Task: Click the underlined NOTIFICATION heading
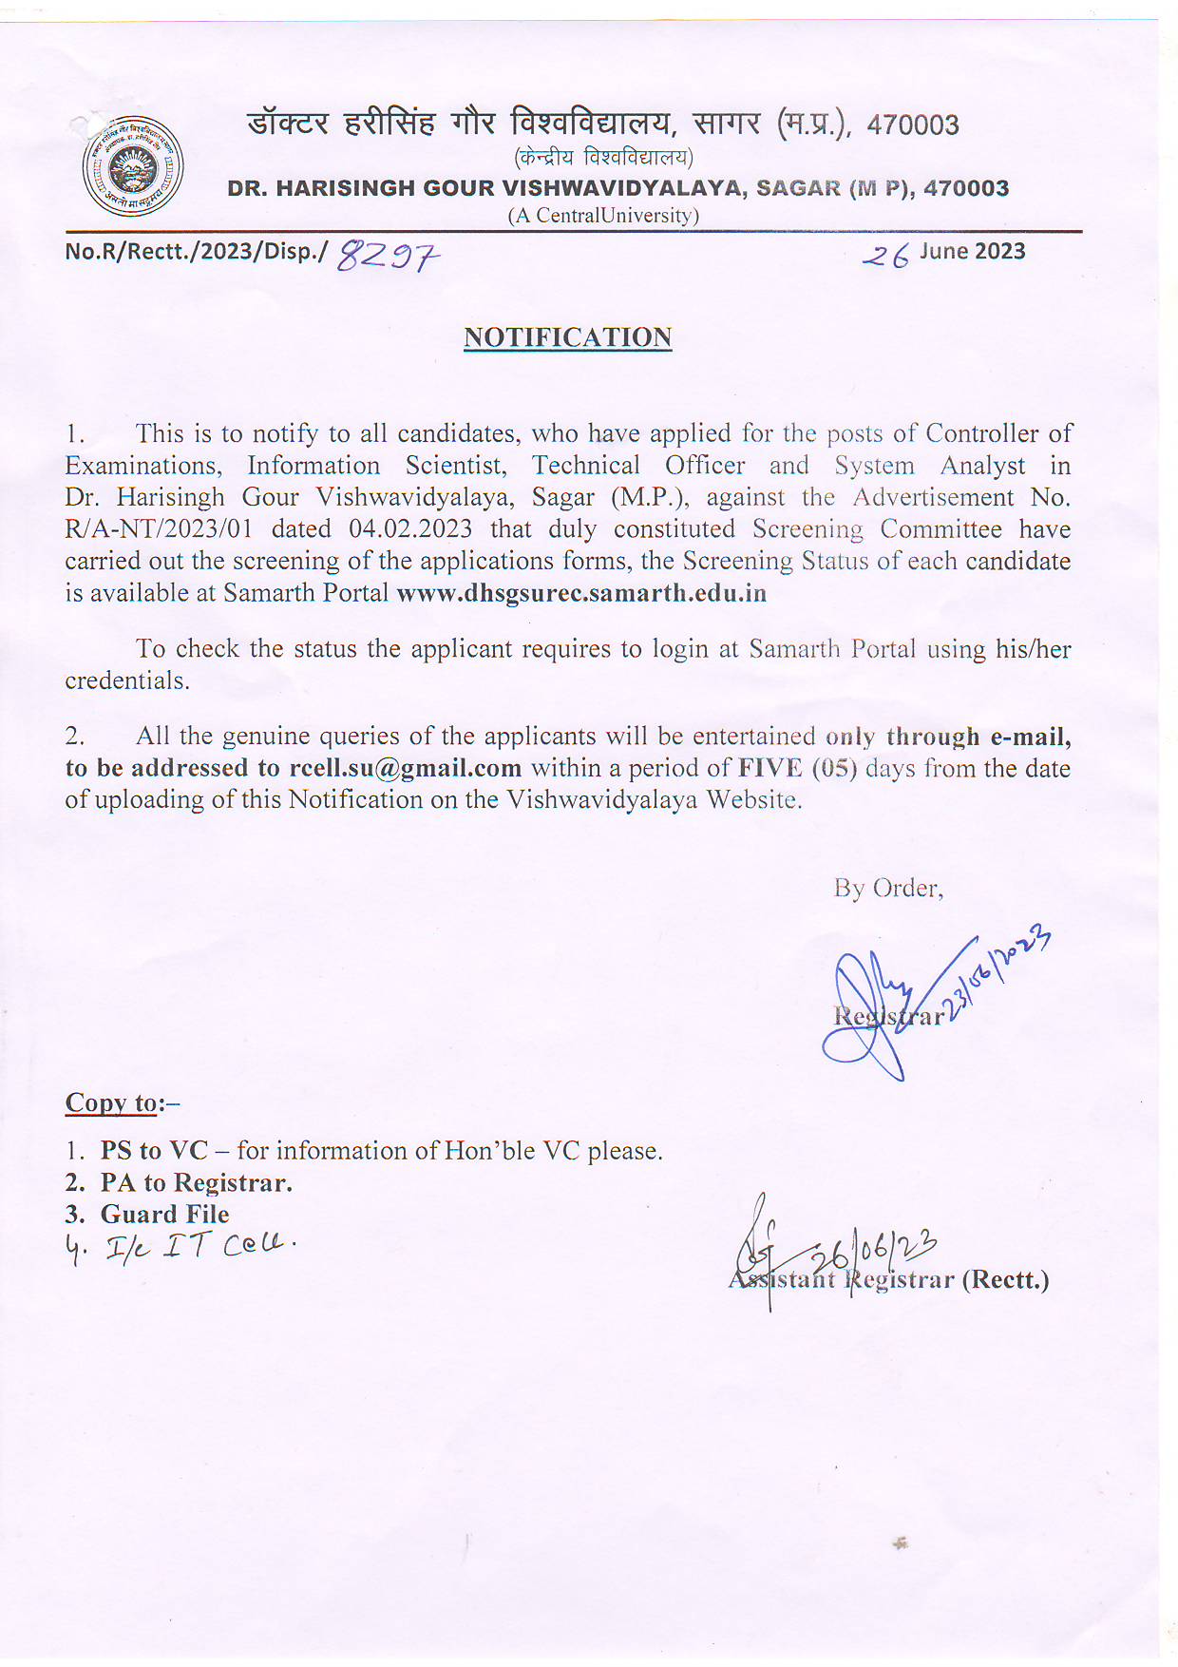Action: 567,337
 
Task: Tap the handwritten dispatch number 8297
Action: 389,255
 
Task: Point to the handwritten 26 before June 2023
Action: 885,255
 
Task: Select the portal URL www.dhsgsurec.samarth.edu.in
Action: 581,593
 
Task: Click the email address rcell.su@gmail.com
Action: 406,768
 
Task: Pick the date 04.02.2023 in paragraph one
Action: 409,529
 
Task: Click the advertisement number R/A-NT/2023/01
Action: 159,529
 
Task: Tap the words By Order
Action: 888,888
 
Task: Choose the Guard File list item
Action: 164,1214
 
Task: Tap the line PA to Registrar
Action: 196,1182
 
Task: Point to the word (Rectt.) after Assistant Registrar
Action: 1006,1279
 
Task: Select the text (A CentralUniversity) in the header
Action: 603,216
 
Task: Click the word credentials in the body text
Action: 126,680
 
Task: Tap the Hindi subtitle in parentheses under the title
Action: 603,157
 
